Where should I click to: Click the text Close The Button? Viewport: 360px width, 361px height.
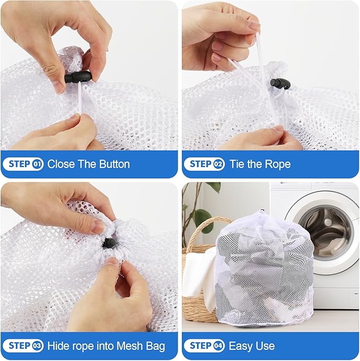pyautogui.click(x=89, y=164)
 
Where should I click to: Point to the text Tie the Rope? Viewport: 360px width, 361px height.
pyautogui.click(x=260, y=164)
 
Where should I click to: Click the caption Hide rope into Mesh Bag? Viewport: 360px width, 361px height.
pyautogui.click(x=106, y=346)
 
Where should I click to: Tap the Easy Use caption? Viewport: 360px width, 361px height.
pyautogui.click(x=252, y=346)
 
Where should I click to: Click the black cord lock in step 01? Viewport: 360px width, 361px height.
pyautogui.click(x=78, y=77)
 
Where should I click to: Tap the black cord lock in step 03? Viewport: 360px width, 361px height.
pyautogui.click(x=109, y=243)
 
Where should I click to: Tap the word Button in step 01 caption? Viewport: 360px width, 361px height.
pyautogui.click(x=111, y=164)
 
